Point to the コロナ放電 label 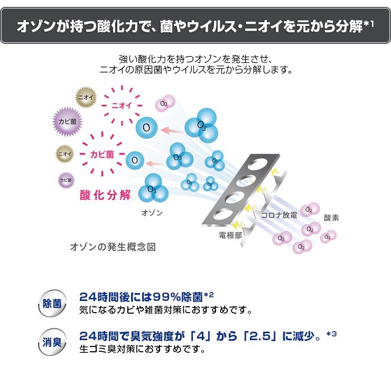click(279, 215)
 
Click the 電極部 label click(230, 235)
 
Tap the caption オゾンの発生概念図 click(113, 247)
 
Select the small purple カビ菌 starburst click(66, 180)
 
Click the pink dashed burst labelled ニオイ click(121, 105)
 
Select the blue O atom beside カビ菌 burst click(135, 159)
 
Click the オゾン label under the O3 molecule click(152, 213)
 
